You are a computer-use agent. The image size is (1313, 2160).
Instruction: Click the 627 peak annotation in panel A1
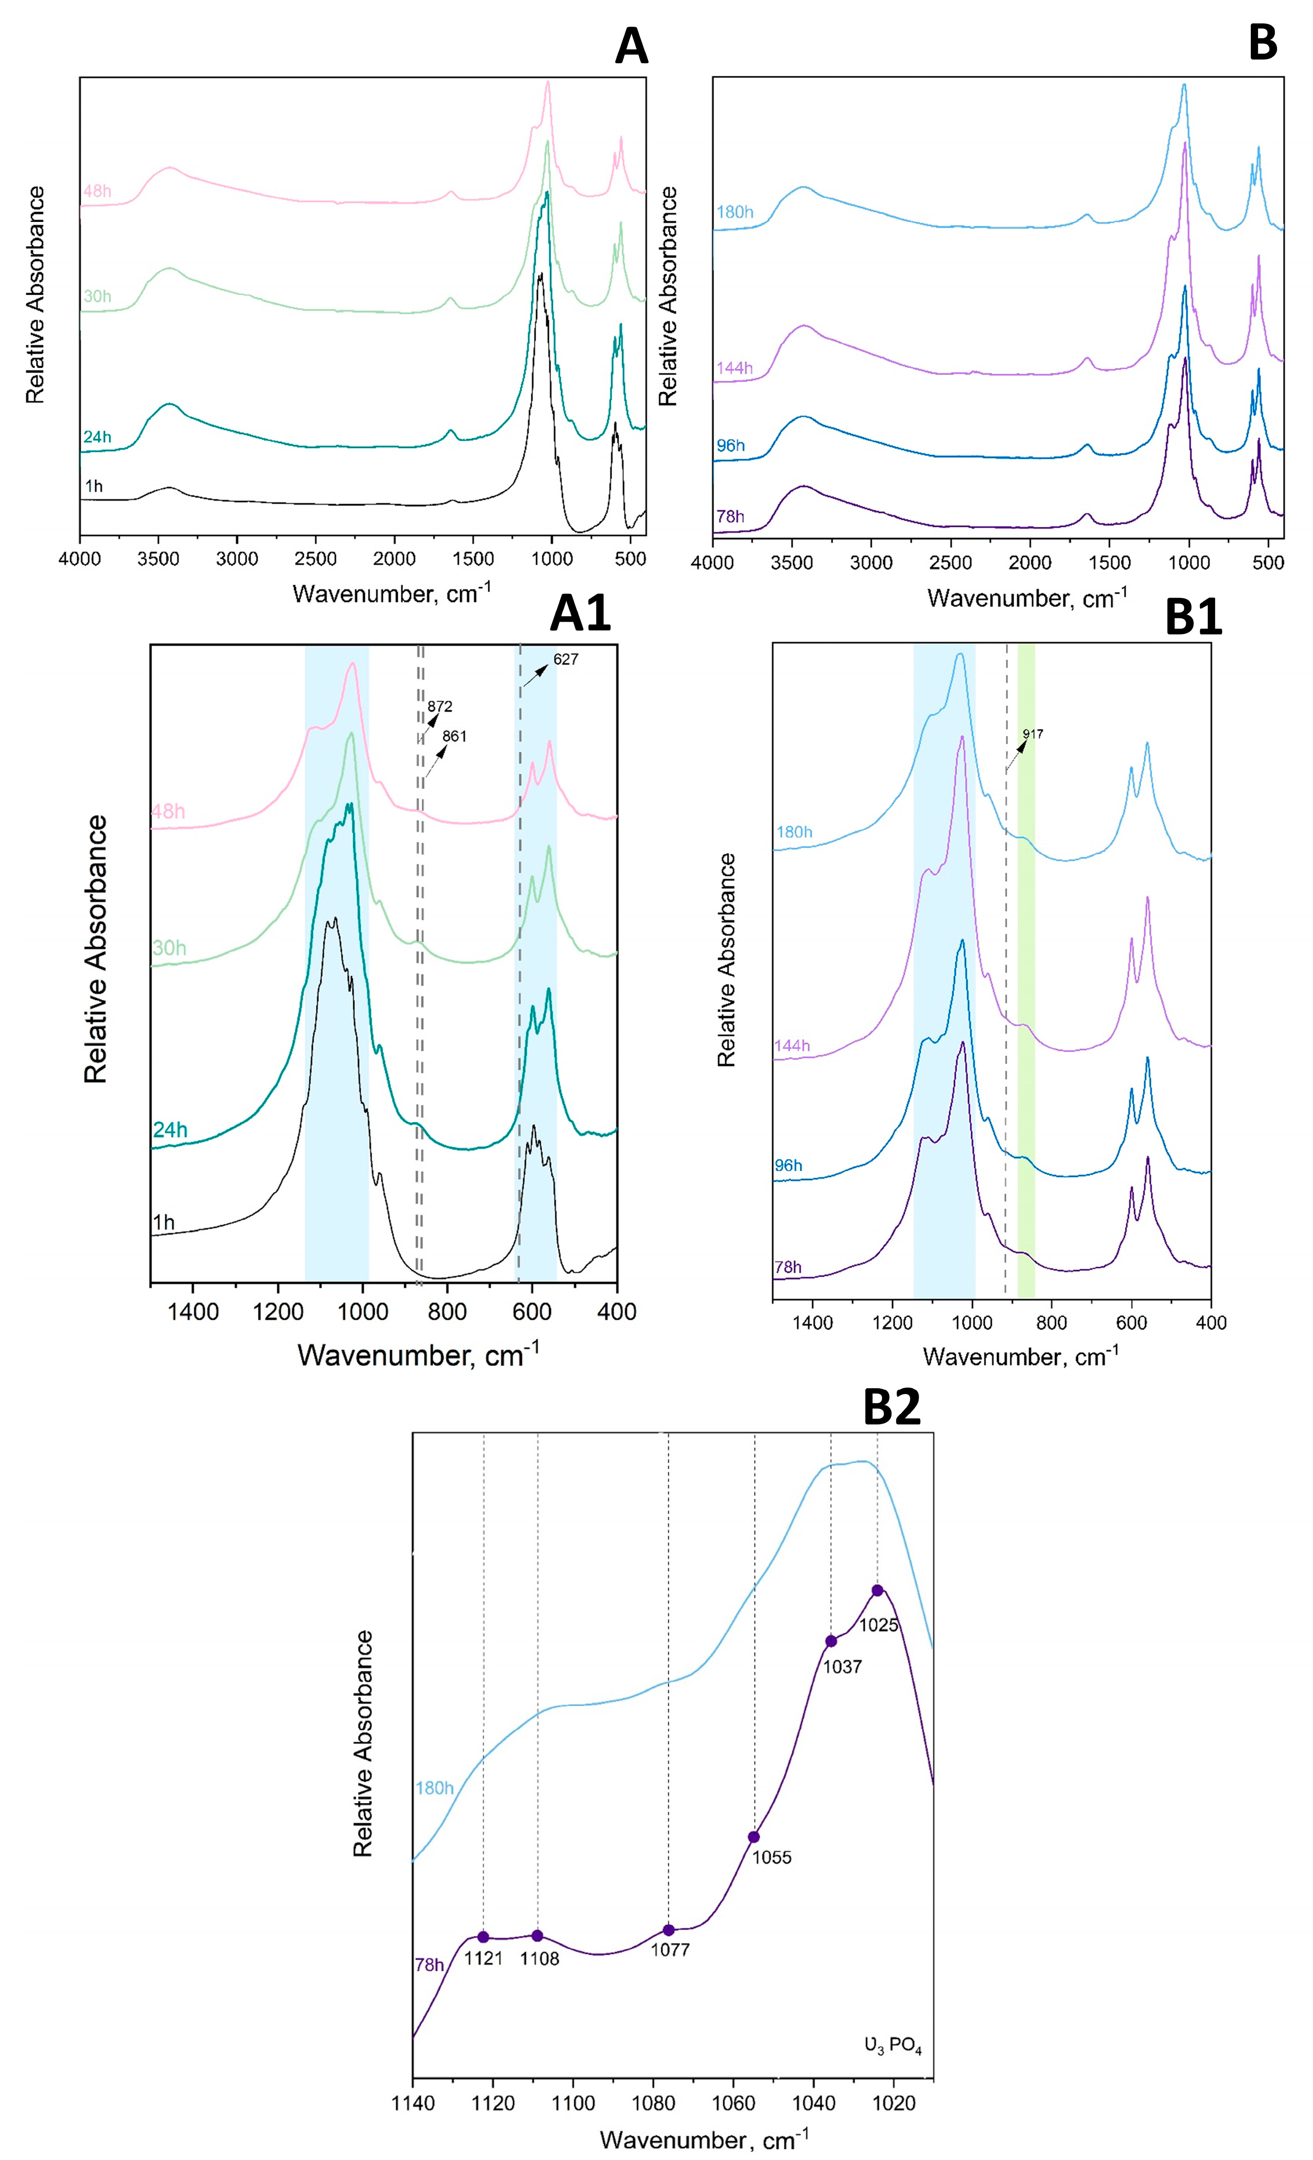pos(565,659)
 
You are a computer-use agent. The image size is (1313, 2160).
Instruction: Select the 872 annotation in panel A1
pos(440,706)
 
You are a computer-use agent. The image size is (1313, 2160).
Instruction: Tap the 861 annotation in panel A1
pos(454,736)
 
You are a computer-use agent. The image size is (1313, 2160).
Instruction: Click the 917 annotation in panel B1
pos(1032,734)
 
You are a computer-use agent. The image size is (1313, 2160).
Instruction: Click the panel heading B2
pos(891,1407)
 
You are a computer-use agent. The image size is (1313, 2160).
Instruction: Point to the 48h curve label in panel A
pos(97,191)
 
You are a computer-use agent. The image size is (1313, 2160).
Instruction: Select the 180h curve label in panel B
pos(735,212)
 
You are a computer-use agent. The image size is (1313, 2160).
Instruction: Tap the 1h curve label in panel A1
pos(163,1222)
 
